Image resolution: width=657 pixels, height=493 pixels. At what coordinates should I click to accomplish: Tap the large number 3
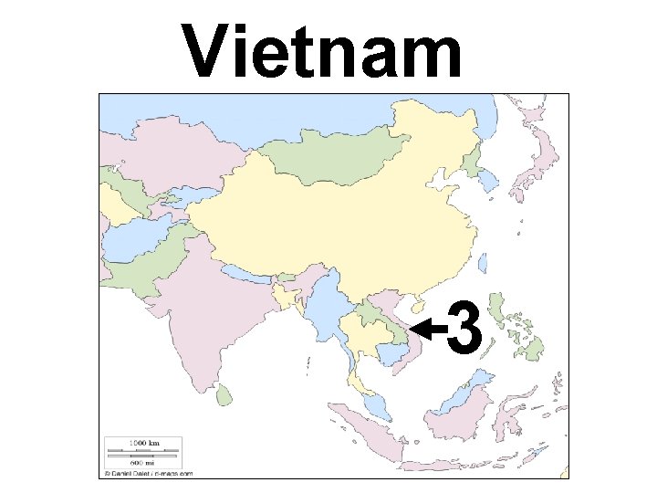tap(464, 327)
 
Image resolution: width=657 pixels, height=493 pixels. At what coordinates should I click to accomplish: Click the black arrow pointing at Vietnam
tap(427, 327)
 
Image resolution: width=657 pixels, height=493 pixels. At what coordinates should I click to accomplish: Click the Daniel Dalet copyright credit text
tap(149, 474)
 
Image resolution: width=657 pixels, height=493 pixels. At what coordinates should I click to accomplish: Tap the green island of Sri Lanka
tap(223, 394)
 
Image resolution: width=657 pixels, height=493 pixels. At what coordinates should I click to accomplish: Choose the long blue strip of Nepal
tap(250, 277)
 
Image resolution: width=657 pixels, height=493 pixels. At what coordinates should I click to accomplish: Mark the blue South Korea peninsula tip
tap(490, 183)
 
